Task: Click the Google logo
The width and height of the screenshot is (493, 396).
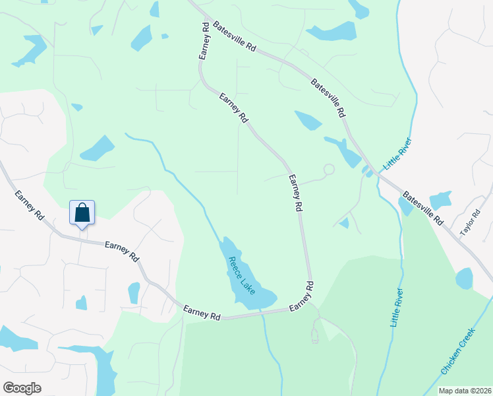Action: [22, 388]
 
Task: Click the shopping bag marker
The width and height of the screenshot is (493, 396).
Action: [82, 213]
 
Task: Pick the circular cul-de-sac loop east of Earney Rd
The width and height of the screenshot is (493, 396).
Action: [328, 169]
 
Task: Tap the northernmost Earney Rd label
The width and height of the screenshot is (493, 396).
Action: [203, 42]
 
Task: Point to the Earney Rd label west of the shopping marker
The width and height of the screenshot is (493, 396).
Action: [29, 206]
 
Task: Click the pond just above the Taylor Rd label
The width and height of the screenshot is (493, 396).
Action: [439, 199]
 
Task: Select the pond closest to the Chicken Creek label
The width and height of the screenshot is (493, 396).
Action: [464, 279]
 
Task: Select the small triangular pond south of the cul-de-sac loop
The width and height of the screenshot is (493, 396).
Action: [344, 223]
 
